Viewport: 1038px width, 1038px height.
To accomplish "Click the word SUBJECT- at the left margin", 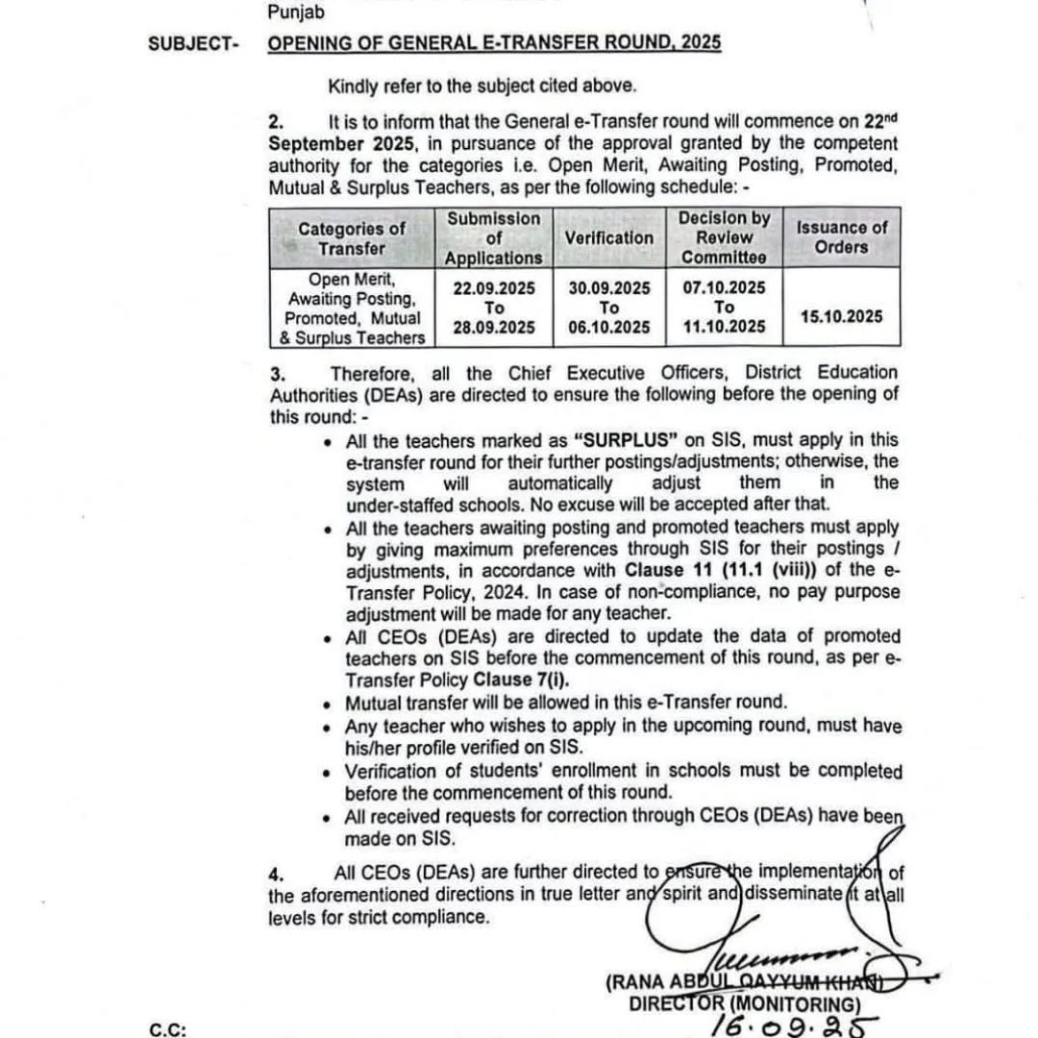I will [x=193, y=43].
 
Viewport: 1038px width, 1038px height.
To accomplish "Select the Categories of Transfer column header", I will [x=352, y=237].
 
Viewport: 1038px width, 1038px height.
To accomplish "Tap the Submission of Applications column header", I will [x=493, y=237].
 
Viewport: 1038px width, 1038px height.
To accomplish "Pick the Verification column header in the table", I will [x=608, y=237].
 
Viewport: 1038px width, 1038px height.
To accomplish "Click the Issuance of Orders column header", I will [x=841, y=237].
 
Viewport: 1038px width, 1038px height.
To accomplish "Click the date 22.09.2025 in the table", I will [x=493, y=288].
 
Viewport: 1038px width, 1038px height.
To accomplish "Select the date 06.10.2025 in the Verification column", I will [x=608, y=328].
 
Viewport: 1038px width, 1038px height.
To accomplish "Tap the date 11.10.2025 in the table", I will [x=724, y=328].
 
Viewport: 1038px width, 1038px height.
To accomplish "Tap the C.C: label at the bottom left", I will [x=167, y=1029].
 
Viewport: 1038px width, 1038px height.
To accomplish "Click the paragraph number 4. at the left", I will [x=277, y=875].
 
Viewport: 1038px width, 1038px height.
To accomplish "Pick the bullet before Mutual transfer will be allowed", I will [x=330, y=704].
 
